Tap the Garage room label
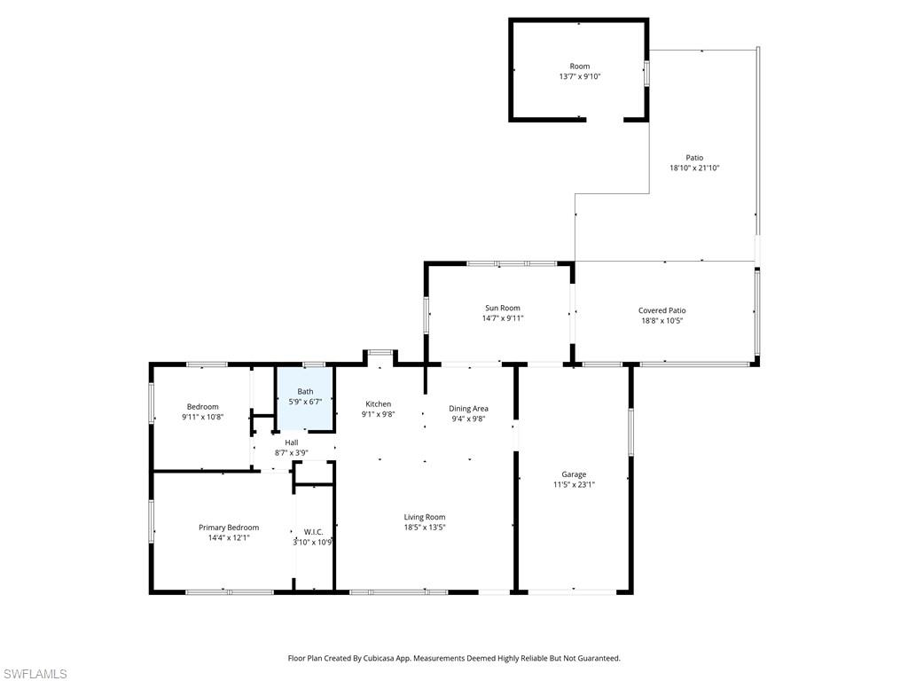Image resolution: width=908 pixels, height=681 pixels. pos(574,474)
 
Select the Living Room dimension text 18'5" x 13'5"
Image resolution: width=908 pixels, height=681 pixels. pos(425,528)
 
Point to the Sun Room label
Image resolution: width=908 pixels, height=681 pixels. pos(503,309)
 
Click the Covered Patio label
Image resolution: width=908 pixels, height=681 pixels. pos(662,310)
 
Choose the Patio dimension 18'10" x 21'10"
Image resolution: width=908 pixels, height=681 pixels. pos(694,168)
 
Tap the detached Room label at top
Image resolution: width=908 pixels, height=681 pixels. pos(579,67)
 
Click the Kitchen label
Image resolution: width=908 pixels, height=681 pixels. pos(379,403)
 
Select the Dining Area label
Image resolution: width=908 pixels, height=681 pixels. pos(468,409)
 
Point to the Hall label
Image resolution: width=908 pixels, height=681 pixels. pos(291,442)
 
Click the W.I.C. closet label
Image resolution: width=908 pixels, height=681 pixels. pos(313,532)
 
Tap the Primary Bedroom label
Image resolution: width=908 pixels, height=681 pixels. pos(229,528)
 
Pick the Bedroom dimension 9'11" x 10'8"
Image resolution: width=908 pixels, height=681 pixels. pos(202,417)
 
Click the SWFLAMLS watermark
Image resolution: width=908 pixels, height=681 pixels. pos(34,674)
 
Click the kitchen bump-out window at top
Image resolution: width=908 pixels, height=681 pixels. pos(380,353)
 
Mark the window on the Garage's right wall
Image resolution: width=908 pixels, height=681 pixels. pos(631,432)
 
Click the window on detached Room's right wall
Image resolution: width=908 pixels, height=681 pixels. pos(646,73)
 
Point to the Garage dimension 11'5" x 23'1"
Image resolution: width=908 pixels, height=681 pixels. pos(574,485)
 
